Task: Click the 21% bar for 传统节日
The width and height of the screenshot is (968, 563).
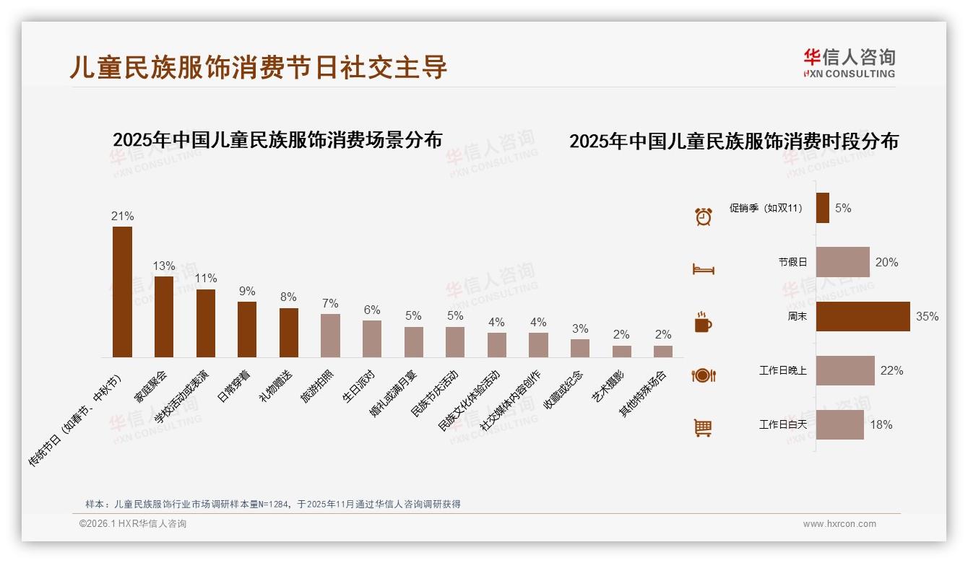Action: point(122,292)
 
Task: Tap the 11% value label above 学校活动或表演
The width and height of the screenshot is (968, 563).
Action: point(205,279)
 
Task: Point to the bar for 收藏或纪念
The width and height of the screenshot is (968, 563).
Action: point(580,348)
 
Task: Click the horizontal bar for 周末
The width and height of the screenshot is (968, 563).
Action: point(863,316)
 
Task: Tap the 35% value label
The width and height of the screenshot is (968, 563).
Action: point(927,317)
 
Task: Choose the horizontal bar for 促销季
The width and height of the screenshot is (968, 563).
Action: point(823,208)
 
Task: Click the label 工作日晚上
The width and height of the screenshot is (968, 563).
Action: point(782,371)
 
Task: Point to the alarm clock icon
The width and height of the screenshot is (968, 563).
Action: point(703,216)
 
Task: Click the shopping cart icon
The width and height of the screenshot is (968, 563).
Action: point(703,428)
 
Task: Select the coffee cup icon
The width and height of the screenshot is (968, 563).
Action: point(703,322)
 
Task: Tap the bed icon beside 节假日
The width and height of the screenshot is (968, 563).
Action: point(703,269)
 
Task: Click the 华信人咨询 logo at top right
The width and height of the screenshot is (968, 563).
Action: point(849,63)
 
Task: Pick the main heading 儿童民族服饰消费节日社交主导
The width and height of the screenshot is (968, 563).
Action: point(259,66)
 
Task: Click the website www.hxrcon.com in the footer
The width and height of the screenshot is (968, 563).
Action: point(839,524)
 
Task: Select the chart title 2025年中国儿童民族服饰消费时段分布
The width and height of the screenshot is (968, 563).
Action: point(733,141)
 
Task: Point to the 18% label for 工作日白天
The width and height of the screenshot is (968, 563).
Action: point(881,425)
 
